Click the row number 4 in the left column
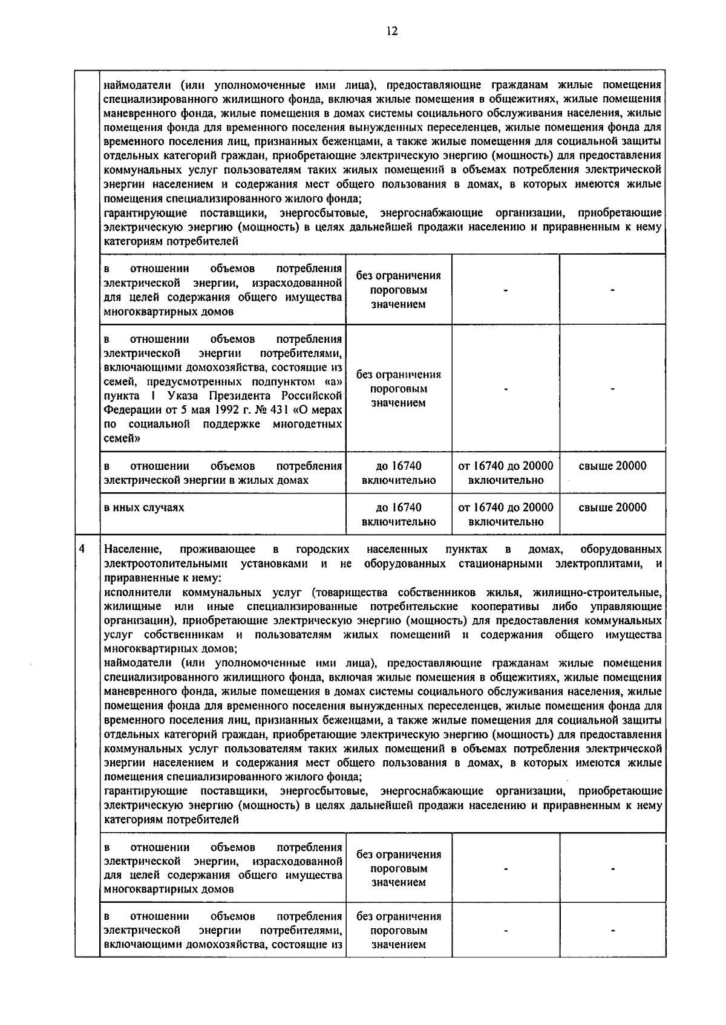pyautogui.click(x=83, y=548)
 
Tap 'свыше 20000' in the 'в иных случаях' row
pyautogui.click(x=612, y=507)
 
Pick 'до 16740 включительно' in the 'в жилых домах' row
pyautogui.click(x=398, y=473)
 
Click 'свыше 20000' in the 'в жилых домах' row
pyautogui.click(x=612, y=466)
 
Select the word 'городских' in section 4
pyautogui.click(x=322, y=549)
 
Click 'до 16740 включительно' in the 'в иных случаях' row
pyautogui.click(x=398, y=514)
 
